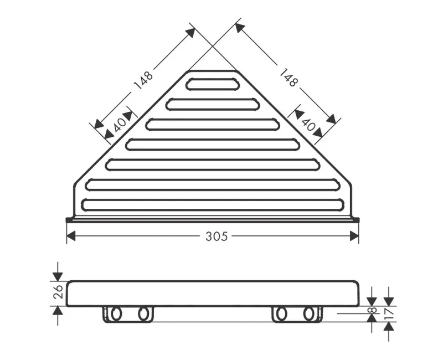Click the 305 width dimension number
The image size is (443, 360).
[x=217, y=236]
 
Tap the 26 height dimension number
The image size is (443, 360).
[x=58, y=292]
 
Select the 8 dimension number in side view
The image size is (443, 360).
[x=373, y=310]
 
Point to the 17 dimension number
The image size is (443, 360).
[x=390, y=313]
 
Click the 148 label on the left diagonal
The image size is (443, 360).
[x=143, y=80]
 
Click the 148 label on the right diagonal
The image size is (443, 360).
[x=288, y=78]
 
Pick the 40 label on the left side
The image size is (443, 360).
[x=120, y=126]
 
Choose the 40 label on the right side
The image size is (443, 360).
[x=308, y=125]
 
